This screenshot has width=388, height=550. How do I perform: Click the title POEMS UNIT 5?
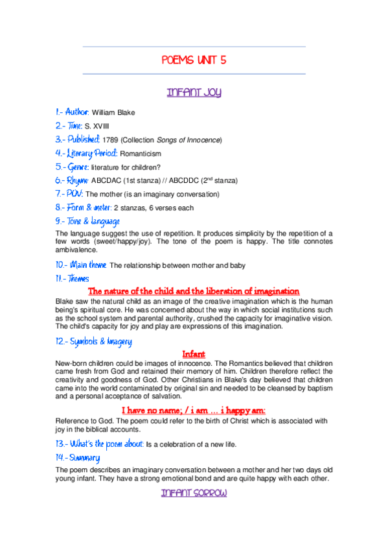tap(194, 60)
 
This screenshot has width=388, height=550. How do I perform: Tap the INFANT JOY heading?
tap(194, 92)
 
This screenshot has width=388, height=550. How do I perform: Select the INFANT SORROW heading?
tap(194, 494)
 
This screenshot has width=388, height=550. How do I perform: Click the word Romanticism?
tap(141, 154)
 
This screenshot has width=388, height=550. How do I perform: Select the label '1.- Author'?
tap(73, 112)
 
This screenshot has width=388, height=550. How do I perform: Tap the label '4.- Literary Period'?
tap(87, 154)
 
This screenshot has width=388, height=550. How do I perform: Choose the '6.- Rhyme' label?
tap(73, 180)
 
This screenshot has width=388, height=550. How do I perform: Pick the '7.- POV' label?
tap(69, 194)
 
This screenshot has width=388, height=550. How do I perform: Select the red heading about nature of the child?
tap(194, 291)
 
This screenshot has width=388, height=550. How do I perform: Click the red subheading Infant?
tap(194, 354)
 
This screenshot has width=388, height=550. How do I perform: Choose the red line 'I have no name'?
tap(194, 411)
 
